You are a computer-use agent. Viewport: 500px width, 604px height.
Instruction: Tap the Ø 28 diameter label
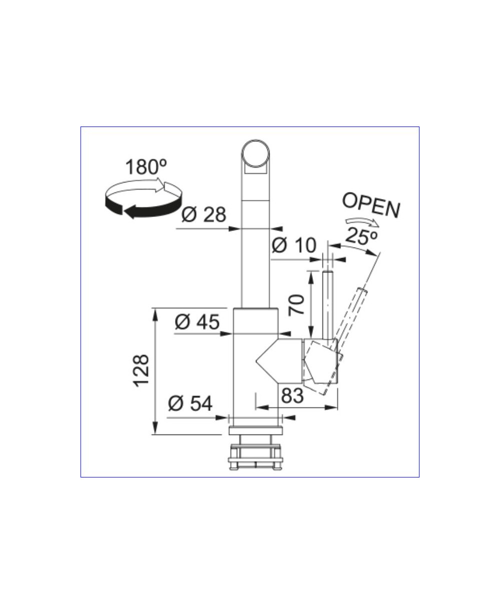coord(203,214)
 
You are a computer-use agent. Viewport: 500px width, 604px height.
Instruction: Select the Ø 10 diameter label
coord(294,245)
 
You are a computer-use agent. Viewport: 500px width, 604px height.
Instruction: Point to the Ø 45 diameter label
coord(197,322)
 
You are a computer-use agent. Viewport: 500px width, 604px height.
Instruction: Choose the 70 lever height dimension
coord(296,305)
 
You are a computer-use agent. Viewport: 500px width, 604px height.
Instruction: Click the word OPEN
coord(371,205)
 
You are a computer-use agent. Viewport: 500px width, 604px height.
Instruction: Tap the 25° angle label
coord(361,236)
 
